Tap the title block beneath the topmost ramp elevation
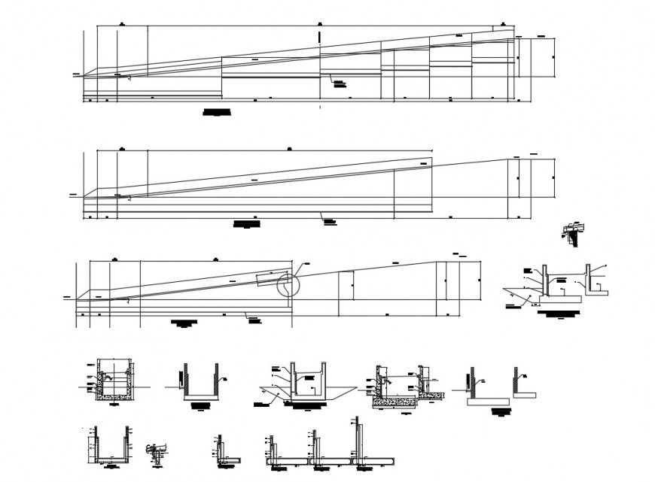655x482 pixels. pyautogui.click(x=217, y=113)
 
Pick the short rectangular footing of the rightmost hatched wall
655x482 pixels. pyautogui.click(x=527, y=393)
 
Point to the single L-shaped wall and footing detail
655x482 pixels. pyautogui.click(x=224, y=451)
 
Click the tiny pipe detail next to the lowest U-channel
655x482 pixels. pyautogui.click(x=156, y=450)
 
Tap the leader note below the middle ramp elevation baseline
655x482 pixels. pyautogui.click(x=329, y=220)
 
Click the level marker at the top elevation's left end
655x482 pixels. pyautogui.click(x=76, y=73)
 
